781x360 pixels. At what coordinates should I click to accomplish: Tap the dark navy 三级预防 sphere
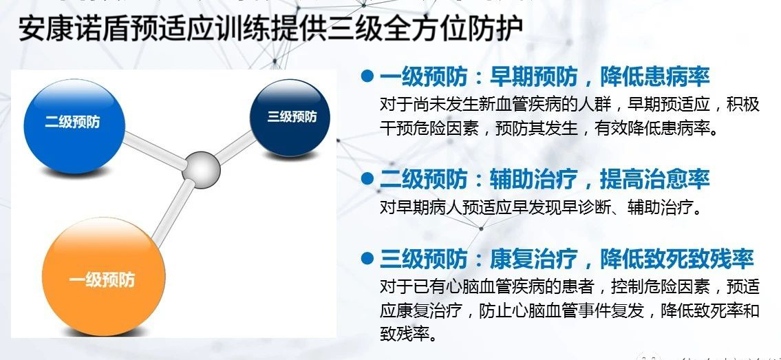point(290,118)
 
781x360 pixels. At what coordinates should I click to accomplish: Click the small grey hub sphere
point(201,170)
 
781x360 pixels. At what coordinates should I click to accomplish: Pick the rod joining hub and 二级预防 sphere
point(154,149)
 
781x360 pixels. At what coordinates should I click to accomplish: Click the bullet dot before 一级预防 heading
point(367,76)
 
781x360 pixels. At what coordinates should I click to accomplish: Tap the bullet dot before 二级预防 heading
point(367,179)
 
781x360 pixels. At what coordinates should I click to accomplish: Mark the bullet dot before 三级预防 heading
point(367,258)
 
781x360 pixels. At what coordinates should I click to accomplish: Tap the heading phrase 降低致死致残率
point(677,258)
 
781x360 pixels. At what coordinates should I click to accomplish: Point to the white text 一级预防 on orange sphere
point(102,280)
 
